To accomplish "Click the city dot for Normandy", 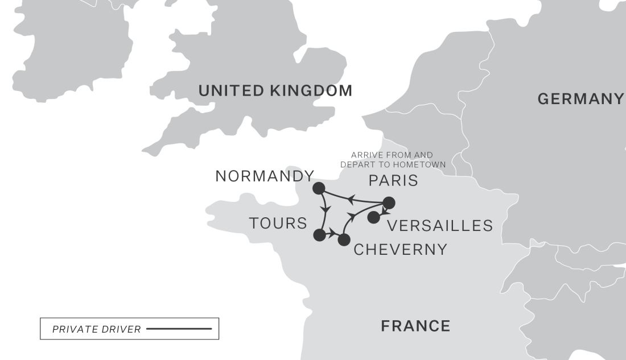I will click(319, 188).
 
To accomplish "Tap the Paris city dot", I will click(389, 203).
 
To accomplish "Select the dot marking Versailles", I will click(373, 217).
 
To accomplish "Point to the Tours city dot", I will click(320, 235).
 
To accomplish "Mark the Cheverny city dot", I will click(344, 239).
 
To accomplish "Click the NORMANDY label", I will click(265, 176).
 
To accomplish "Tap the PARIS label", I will click(393, 181).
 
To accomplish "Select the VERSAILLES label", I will click(440, 226).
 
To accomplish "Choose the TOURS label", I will click(278, 224).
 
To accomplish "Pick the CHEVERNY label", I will click(401, 250).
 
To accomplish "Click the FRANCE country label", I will click(415, 326).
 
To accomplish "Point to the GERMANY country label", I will click(580, 99).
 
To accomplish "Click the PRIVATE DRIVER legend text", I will click(96, 329).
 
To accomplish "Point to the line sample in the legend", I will click(179, 329).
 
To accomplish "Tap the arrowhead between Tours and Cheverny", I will click(332, 233).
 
